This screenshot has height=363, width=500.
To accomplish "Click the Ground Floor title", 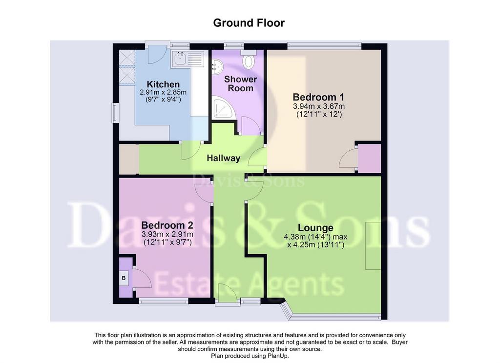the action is click(x=249, y=23).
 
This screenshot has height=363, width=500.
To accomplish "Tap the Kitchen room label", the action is click(x=163, y=84).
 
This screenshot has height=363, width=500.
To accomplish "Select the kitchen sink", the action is click(x=188, y=59).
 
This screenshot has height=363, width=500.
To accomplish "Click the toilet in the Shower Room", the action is click(x=249, y=59).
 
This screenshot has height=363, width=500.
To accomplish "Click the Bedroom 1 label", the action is click(x=319, y=97).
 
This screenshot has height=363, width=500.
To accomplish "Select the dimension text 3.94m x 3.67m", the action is click(x=319, y=106).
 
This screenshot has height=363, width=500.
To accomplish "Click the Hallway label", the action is click(x=223, y=158).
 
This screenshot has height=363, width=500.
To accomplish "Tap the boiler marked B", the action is click(x=124, y=278).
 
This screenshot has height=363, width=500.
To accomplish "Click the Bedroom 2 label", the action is click(x=167, y=225).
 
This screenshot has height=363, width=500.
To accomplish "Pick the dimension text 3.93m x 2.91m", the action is click(x=167, y=234).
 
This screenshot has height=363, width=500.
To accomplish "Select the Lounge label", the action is click(x=315, y=228).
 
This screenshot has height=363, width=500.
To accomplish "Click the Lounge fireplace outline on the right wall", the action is click(x=373, y=246).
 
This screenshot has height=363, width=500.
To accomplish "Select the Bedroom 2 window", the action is click(x=164, y=301).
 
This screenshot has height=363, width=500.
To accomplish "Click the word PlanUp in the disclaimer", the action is click(x=279, y=356).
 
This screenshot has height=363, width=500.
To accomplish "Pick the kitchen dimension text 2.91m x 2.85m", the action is click(x=163, y=92).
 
